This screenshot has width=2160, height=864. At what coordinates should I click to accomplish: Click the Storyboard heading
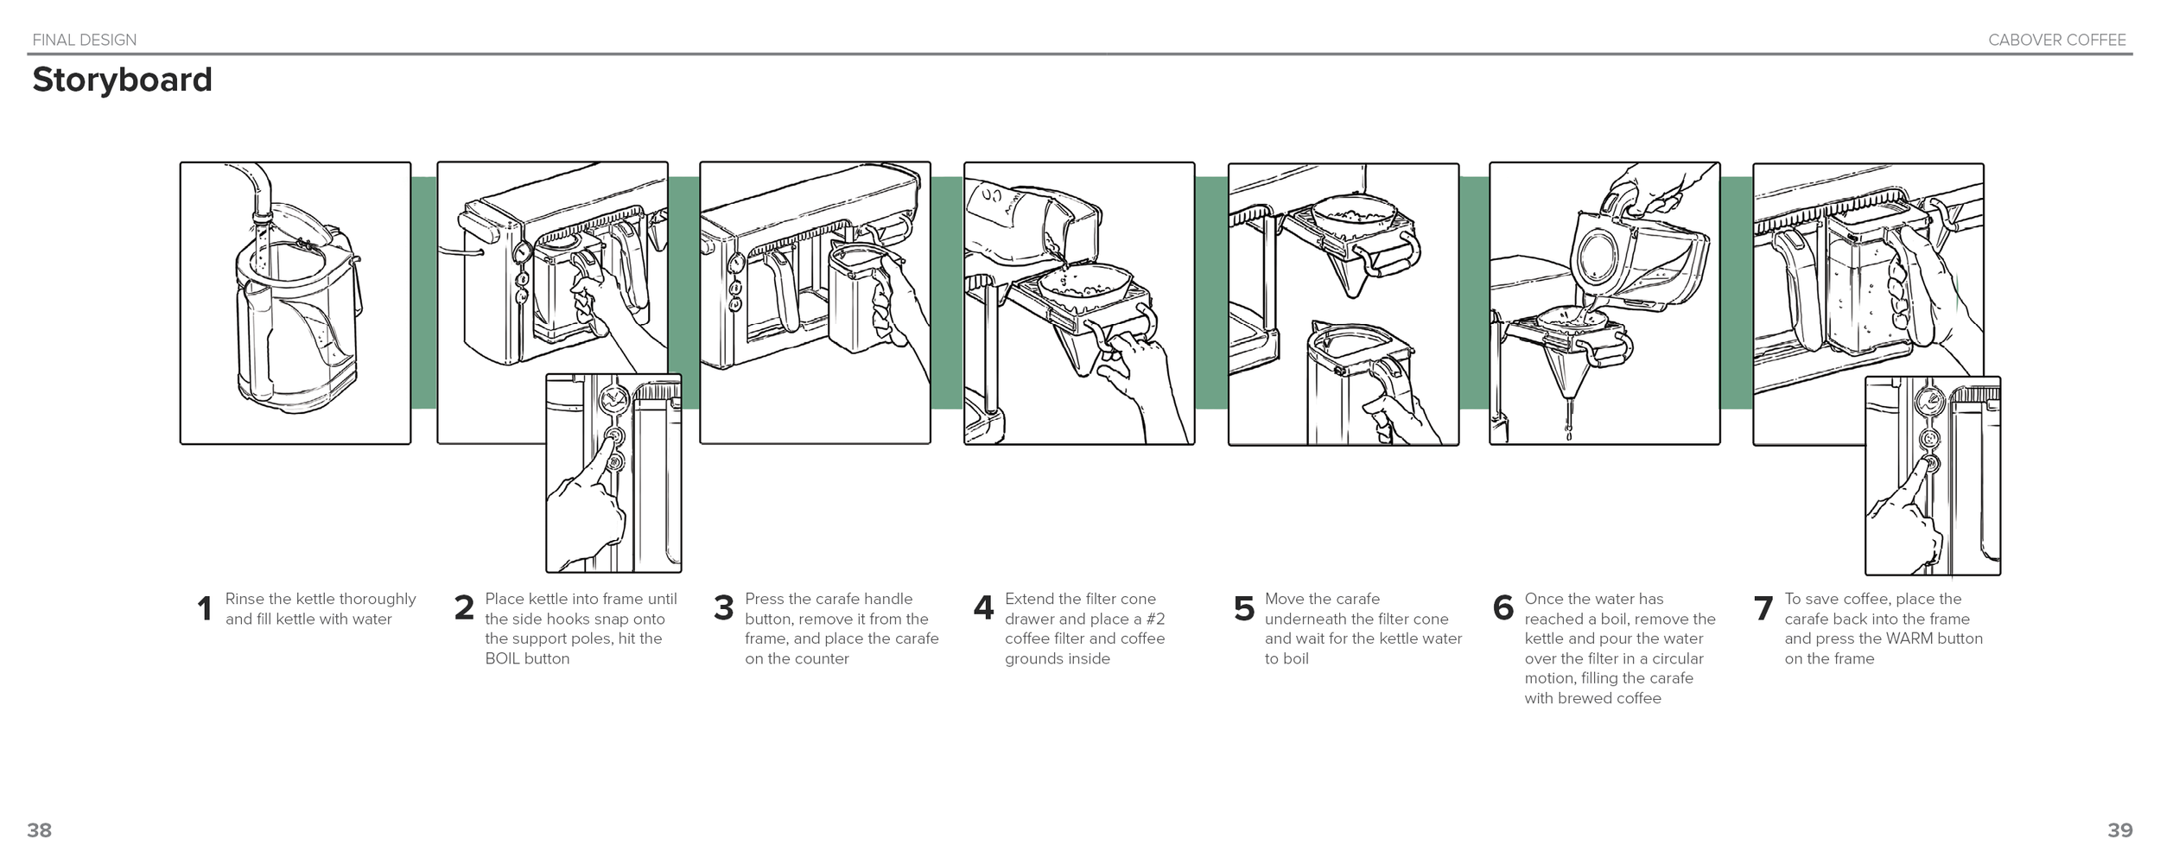click(x=122, y=79)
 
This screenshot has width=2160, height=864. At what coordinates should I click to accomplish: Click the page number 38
click(x=39, y=830)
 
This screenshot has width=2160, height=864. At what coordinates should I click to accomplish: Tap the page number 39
click(x=2119, y=830)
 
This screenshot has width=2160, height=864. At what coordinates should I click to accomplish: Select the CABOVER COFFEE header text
click(x=2056, y=40)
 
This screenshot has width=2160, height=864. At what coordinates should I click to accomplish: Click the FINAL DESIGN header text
click(x=84, y=40)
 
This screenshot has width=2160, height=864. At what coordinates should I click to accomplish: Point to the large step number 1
click(x=204, y=609)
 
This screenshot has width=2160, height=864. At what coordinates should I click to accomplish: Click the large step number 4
click(x=983, y=607)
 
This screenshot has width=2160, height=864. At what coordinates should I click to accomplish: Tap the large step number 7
click(x=1763, y=608)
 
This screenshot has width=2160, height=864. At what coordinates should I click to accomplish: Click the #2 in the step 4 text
click(x=1154, y=619)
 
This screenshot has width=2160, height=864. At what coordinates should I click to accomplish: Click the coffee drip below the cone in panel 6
click(x=1568, y=423)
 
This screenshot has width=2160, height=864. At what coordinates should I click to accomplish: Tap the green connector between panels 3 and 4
click(x=947, y=294)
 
